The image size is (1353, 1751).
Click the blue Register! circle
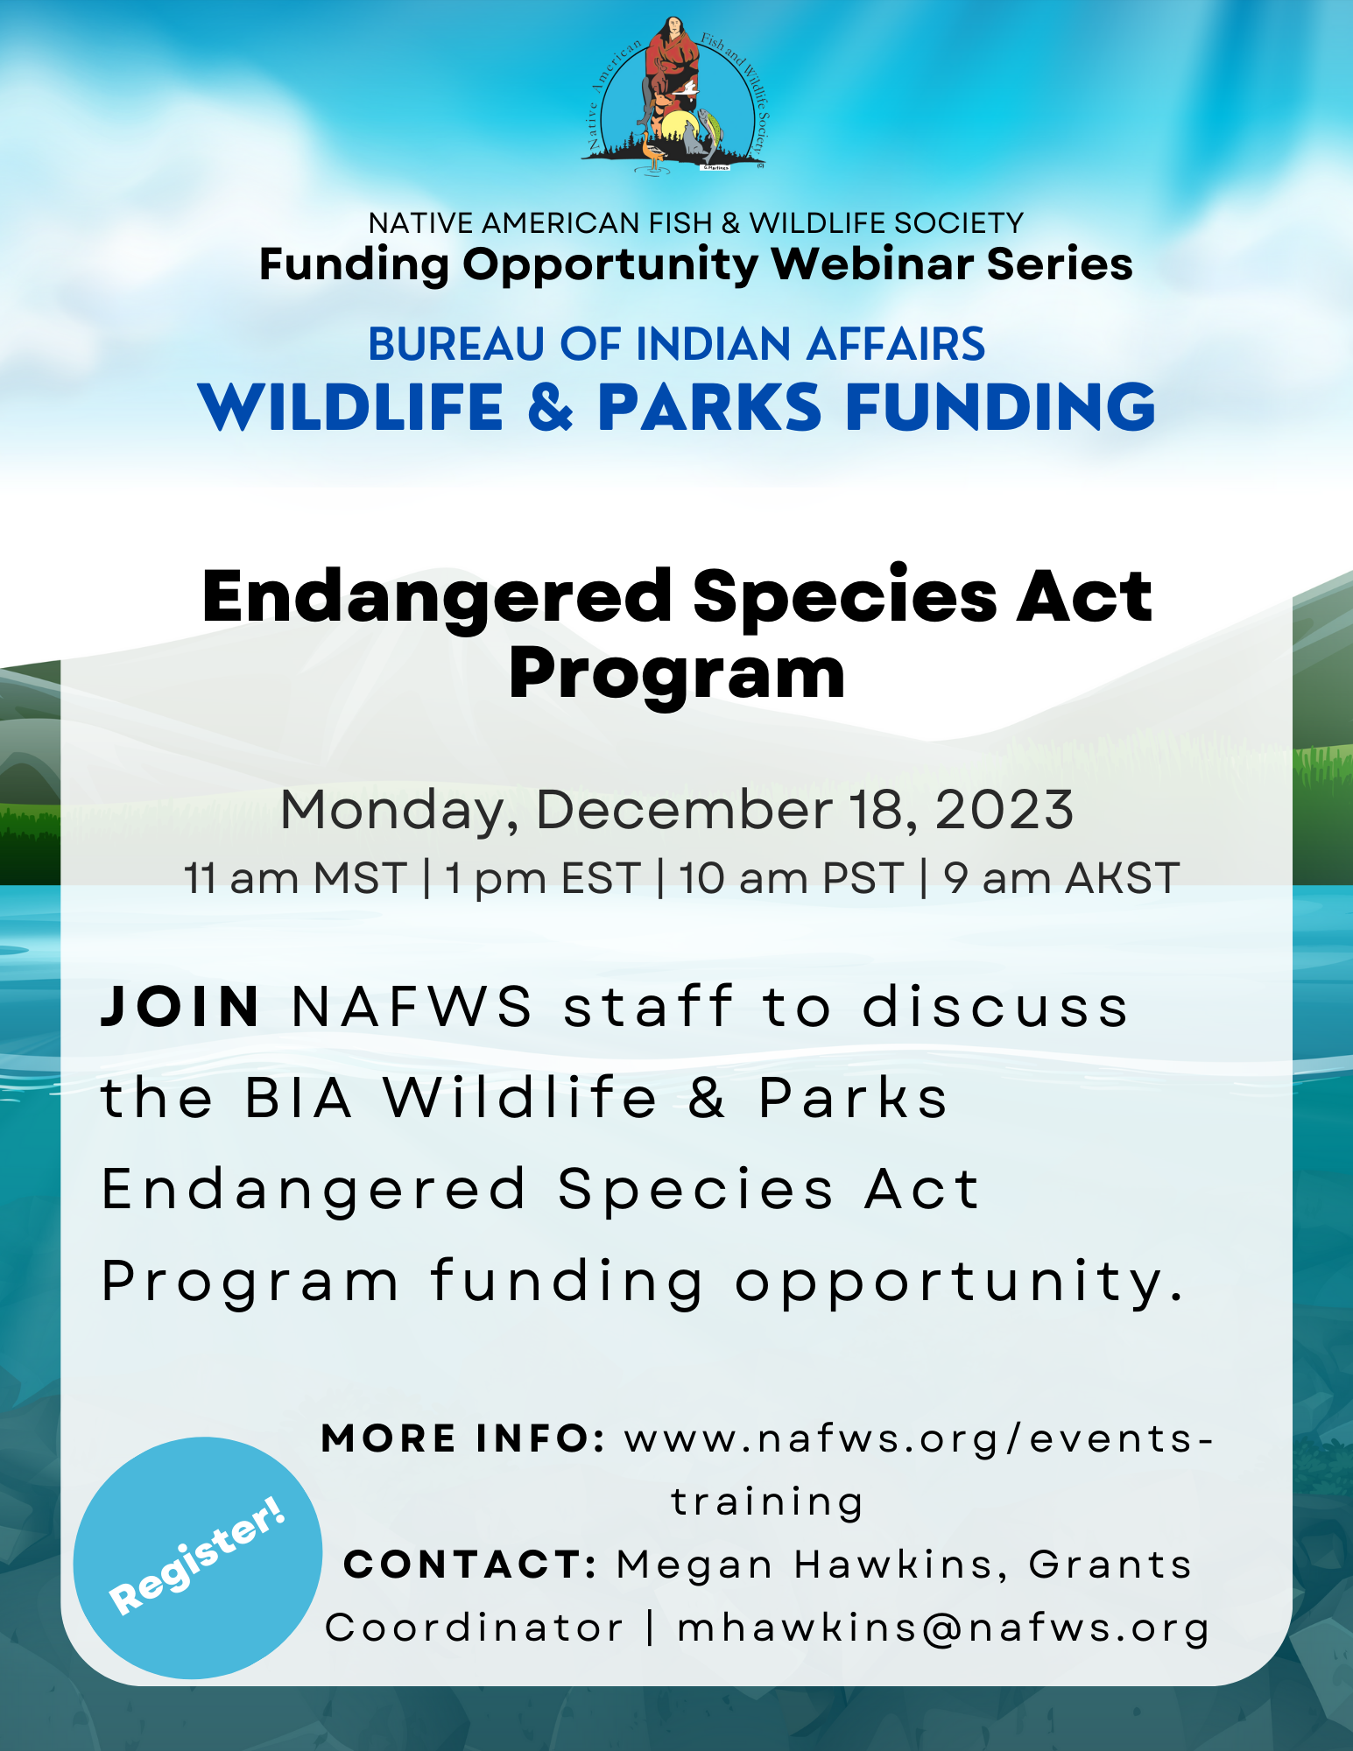pos(198,1558)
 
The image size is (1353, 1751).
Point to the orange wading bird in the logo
pos(652,149)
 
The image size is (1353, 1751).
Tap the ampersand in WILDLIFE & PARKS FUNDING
pos(551,407)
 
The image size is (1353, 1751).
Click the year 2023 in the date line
pos(1004,810)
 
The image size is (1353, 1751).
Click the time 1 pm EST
pos(542,878)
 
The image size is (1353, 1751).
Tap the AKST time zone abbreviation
pos(1122,878)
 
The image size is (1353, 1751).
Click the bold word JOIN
pos(180,1007)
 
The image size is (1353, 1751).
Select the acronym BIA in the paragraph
pos(299,1098)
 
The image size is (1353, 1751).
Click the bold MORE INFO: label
pos(463,1438)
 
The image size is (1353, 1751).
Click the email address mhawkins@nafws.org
pos(943,1628)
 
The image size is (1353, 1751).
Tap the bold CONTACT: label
pos(470,1565)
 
